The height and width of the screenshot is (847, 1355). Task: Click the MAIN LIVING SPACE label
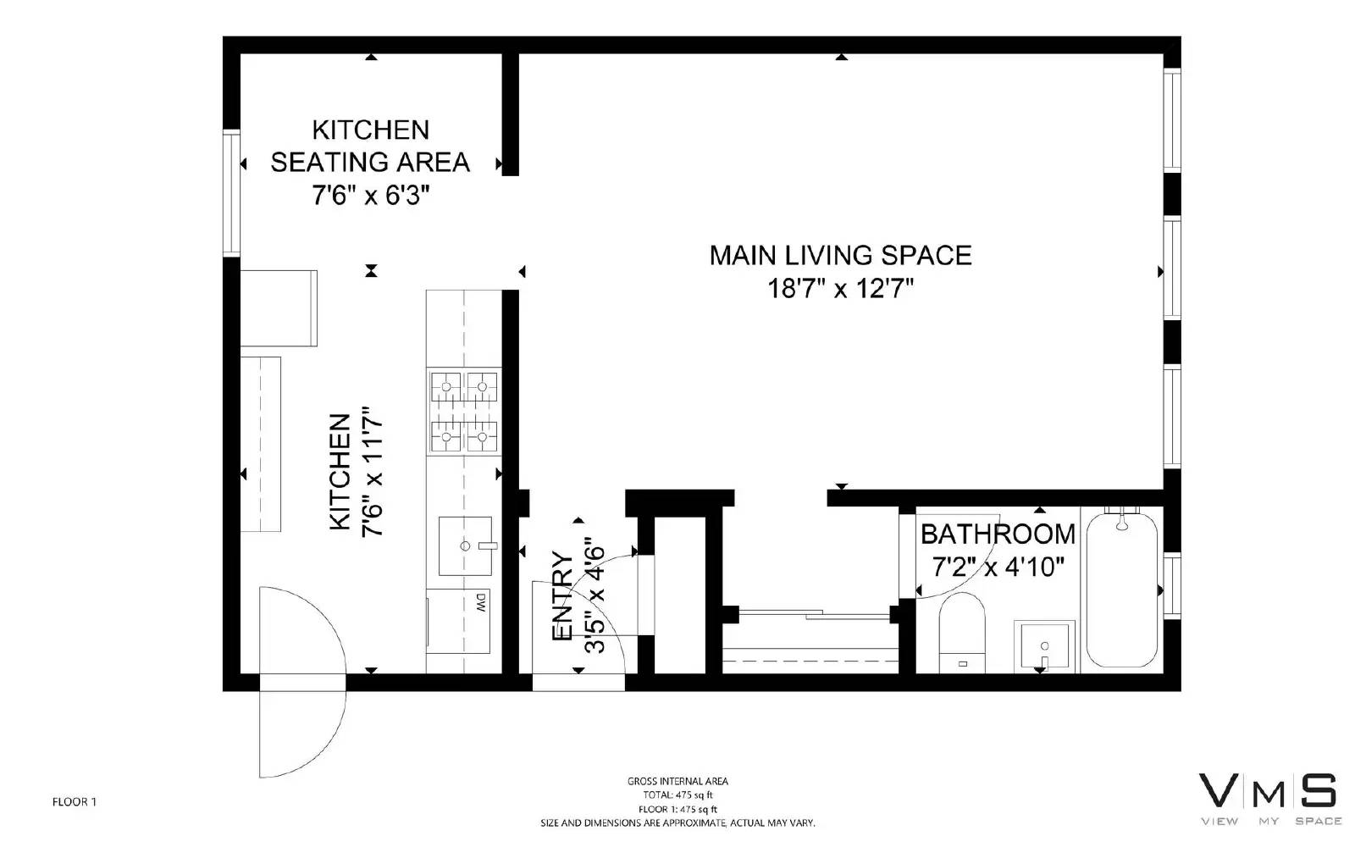click(x=840, y=255)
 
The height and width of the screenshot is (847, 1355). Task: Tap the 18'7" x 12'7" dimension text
click(x=840, y=288)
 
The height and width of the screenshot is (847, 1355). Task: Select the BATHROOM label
click(x=998, y=534)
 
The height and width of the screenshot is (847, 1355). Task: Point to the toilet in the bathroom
click(x=962, y=633)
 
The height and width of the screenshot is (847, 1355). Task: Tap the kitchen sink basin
click(x=465, y=545)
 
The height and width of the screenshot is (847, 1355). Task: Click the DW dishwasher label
click(x=481, y=602)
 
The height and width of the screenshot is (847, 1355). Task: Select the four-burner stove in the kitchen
click(x=464, y=412)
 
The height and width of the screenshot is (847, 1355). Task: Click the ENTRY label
click(x=562, y=596)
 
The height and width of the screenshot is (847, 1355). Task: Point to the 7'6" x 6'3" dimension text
click(x=371, y=196)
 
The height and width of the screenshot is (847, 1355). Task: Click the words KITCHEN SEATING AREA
click(x=370, y=146)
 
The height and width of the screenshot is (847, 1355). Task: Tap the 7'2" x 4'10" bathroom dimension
click(x=998, y=567)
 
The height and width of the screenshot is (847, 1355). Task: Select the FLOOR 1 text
click(x=75, y=802)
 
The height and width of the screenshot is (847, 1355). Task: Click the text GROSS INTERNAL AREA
click(x=677, y=782)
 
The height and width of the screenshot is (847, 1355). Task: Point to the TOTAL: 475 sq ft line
click(x=677, y=795)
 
